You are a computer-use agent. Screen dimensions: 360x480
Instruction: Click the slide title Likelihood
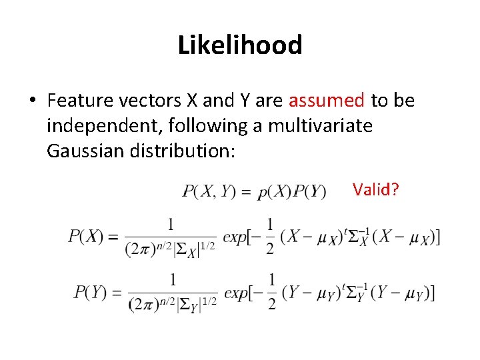click(240, 45)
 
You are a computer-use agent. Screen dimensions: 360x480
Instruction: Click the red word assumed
click(326, 101)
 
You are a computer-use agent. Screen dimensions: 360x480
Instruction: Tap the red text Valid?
click(376, 189)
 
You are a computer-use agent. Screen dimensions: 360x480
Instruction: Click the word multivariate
click(320, 125)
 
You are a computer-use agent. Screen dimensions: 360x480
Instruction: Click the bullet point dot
click(31, 101)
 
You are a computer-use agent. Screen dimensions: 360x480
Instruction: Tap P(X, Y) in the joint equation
click(209, 191)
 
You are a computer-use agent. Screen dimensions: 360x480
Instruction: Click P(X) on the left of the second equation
click(85, 236)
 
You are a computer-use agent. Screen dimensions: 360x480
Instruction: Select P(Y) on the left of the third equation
click(91, 292)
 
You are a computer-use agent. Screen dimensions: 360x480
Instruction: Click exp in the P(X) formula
click(235, 237)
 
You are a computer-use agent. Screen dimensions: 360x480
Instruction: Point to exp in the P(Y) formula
click(235, 292)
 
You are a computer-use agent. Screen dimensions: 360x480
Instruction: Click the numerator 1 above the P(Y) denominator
click(173, 279)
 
